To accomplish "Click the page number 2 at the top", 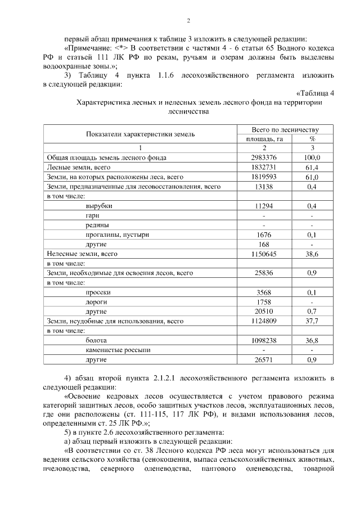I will [x=189, y=21].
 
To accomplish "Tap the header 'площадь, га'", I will [x=264, y=138].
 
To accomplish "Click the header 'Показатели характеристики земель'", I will [x=141, y=134].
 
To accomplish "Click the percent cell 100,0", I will [x=312, y=157].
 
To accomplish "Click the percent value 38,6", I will [x=312, y=254].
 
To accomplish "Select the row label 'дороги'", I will [x=96, y=302].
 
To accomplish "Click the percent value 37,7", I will [x=312, y=321].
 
